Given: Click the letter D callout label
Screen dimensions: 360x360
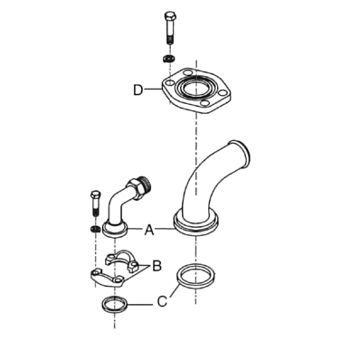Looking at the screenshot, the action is coord(138,90).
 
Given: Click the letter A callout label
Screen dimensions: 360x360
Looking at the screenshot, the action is coord(149,230).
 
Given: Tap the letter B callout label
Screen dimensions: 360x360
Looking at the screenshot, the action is coord(157,266).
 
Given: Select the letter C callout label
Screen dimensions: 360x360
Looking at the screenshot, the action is coord(162,301).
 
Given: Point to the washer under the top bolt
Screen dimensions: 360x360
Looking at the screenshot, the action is coord(169,58).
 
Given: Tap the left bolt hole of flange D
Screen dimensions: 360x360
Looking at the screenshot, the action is coord(170,82).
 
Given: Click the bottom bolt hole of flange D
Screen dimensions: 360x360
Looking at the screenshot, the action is coord(205,103).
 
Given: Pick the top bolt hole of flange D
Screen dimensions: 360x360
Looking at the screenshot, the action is coord(188,73).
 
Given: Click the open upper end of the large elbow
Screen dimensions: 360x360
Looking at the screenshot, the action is coord(240,150).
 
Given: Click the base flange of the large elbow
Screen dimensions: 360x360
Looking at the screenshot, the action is coord(195,223).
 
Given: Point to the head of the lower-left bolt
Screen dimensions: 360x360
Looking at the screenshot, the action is coord(96,194).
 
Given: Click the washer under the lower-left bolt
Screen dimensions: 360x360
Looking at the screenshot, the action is coord(95,229).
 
